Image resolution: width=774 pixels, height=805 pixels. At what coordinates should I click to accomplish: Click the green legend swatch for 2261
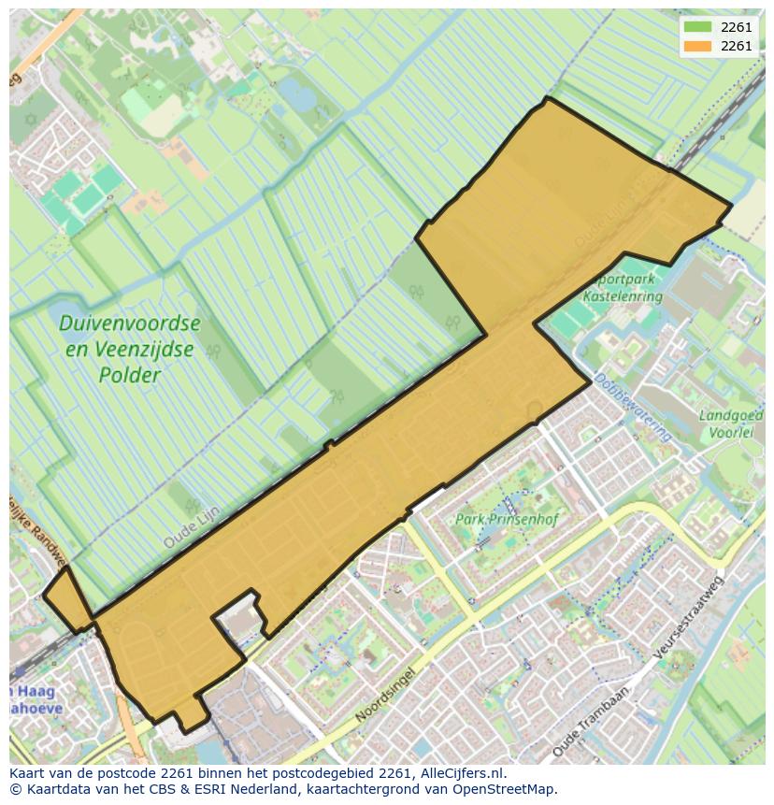(x=698, y=28)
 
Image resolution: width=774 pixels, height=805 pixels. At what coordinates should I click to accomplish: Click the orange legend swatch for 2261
(x=698, y=46)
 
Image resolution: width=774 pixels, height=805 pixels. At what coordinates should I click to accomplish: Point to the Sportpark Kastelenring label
(x=622, y=287)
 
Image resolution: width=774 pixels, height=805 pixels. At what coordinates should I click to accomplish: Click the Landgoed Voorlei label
(x=731, y=424)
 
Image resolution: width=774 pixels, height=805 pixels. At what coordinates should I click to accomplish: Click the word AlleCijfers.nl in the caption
(x=453, y=773)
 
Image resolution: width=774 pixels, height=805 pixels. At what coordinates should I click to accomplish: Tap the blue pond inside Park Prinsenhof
(x=511, y=492)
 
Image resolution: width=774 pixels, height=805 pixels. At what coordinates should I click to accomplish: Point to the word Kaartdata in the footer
(x=55, y=789)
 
